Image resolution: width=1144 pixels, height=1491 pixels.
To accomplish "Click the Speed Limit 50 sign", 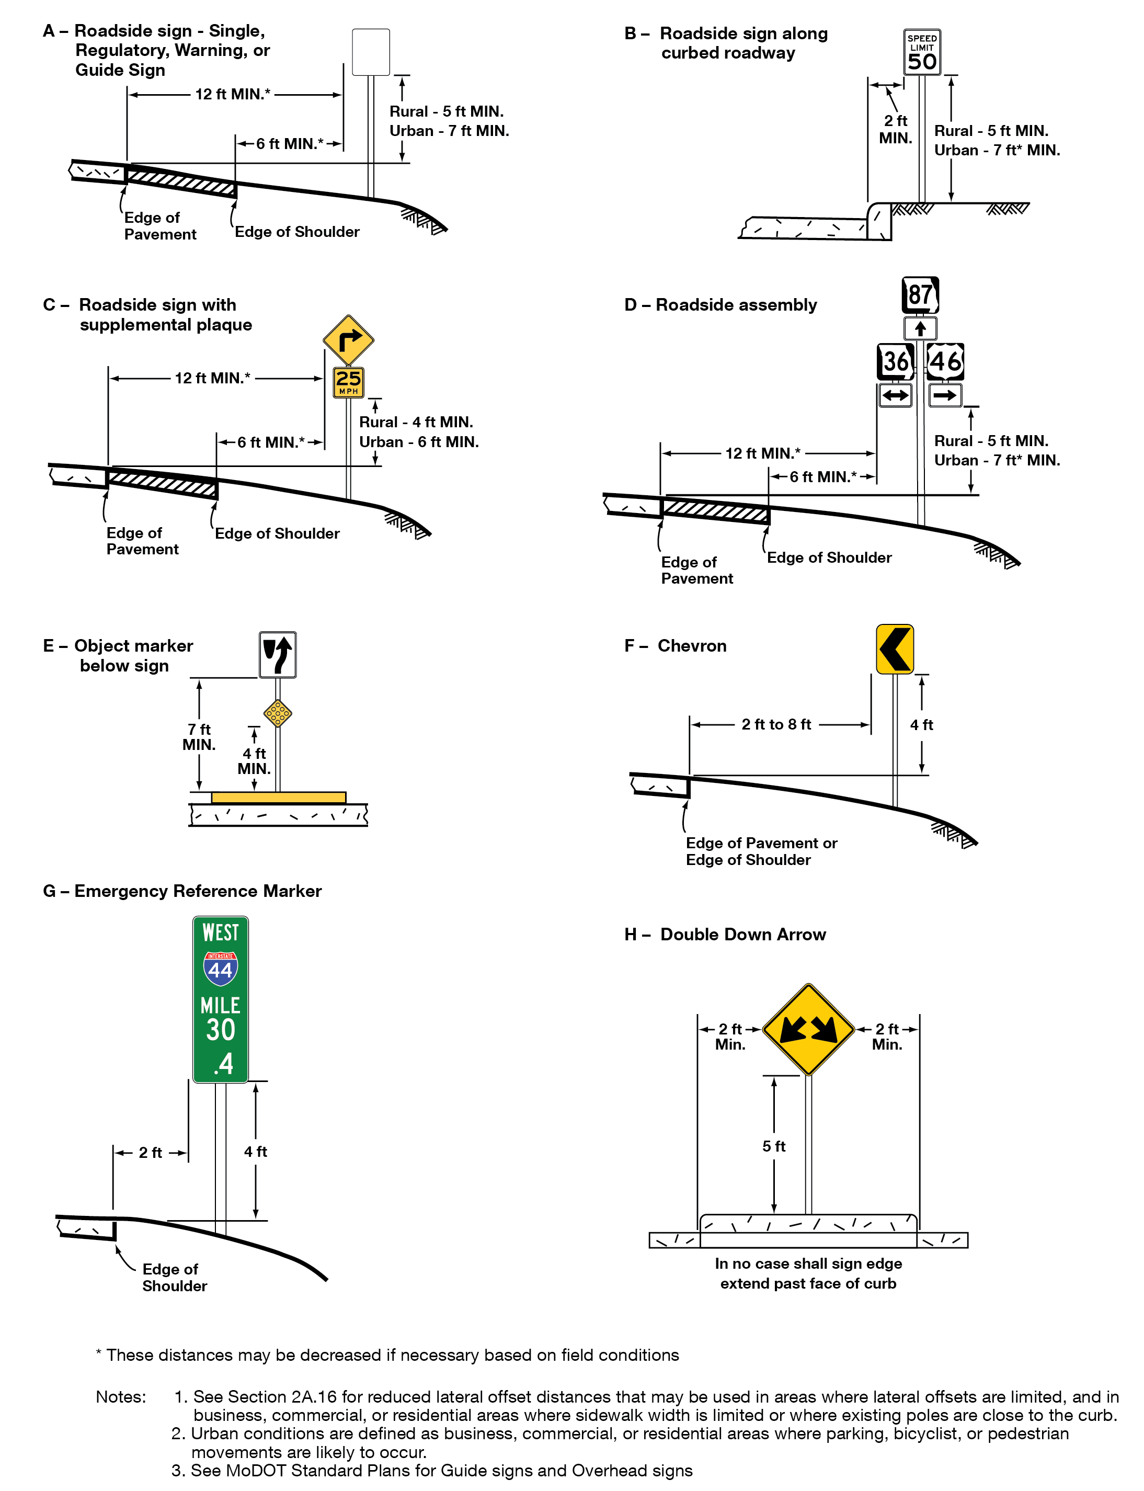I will tap(921, 52).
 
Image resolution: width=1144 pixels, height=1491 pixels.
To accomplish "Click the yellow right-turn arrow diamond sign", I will tap(348, 340).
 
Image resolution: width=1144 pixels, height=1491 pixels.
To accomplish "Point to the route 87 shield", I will tap(920, 295).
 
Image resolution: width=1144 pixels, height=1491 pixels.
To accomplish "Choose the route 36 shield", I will tap(895, 361).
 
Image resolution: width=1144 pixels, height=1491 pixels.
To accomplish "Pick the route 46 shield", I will tap(946, 361).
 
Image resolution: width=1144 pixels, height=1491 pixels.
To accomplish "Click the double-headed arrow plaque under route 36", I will tap(895, 395).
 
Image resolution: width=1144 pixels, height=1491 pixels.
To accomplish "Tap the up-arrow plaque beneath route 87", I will tap(920, 329).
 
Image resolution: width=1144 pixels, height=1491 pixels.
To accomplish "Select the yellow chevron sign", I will tap(894, 649).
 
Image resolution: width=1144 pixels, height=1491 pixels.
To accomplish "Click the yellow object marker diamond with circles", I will tap(278, 713).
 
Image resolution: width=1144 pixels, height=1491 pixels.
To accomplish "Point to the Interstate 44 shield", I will tap(220, 968).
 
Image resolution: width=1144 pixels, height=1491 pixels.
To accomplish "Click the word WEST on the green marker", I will tap(220, 932).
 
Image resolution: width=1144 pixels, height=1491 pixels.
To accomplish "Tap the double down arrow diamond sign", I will tap(808, 1029).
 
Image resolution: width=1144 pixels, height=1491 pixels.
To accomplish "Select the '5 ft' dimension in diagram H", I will tap(774, 1146).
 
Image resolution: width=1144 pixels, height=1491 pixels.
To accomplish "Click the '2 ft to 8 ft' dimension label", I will tap(776, 725).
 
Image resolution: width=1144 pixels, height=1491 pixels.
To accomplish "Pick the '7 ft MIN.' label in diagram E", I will tap(199, 737).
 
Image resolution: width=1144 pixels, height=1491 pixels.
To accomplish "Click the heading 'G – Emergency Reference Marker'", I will tap(182, 891).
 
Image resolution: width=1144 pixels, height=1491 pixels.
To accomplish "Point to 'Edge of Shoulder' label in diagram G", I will tap(174, 1277).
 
